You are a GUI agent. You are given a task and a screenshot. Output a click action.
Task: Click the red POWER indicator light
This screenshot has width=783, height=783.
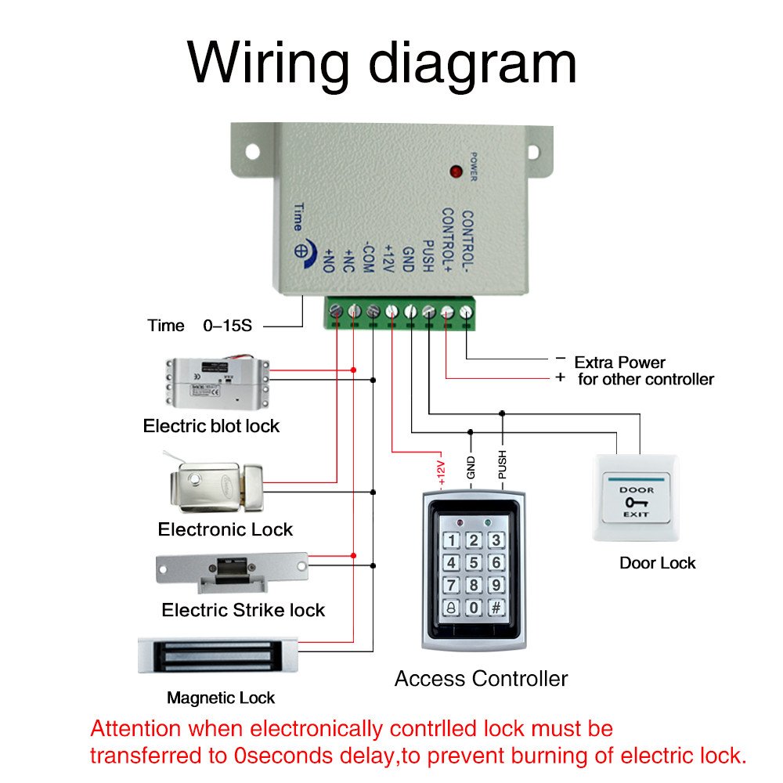pyautogui.click(x=454, y=170)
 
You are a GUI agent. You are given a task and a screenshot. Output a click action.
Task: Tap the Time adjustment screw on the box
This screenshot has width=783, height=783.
pyautogui.click(x=300, y=251)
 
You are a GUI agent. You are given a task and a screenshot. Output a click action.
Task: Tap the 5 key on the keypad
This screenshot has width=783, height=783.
pyautogui.click(x=474, y=563)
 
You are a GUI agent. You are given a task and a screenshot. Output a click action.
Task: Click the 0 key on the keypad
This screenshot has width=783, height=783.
pyautogui.click(x=474, y=608)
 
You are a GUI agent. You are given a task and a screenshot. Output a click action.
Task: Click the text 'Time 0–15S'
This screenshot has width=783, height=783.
pyautogui.click(x=200, y=326)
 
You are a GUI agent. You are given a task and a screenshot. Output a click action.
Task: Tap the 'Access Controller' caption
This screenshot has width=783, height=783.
pyautogui.click(x=481, y=678)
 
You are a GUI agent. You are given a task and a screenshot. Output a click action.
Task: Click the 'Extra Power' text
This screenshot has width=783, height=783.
pyautogui.click(x=619, y=363)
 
